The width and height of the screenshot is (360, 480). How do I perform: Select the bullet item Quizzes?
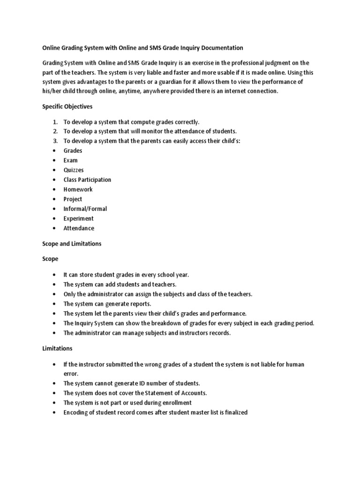coord(74,170)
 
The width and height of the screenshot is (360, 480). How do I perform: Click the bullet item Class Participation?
coord(87,180)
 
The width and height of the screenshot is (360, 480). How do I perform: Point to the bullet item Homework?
coord(78,189)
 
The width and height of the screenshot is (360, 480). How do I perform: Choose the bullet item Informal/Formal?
coord(85,209)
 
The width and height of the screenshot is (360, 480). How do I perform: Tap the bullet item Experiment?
coord(78,218)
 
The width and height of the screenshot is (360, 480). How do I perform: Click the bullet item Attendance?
coord(79,228)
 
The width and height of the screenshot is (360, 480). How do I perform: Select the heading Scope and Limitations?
coord(72,244)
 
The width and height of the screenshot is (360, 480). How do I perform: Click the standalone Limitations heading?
coord(58,349)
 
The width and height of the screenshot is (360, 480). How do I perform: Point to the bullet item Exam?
coord(71,160)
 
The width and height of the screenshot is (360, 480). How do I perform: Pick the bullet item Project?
coord(73,199)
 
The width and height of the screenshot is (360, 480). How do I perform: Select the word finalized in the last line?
coord(233,413)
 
